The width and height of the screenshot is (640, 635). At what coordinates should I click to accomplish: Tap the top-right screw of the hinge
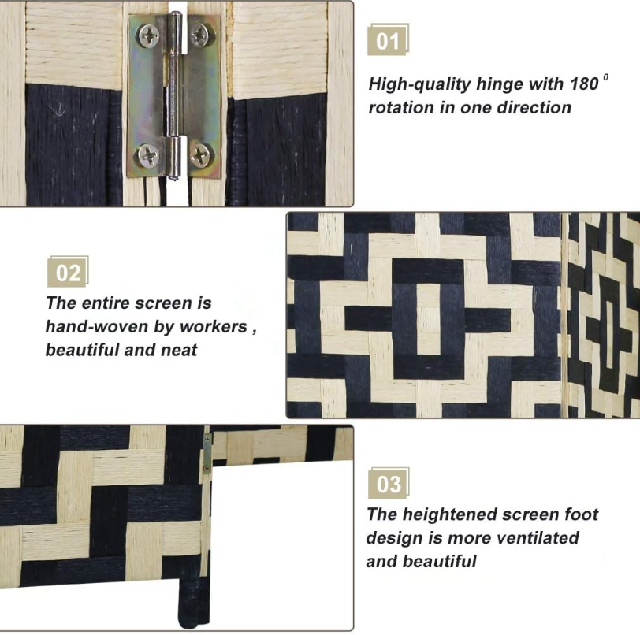199,35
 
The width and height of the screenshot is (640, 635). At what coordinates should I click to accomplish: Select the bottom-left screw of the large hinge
148,155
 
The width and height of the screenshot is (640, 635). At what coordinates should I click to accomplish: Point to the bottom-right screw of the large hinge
200,154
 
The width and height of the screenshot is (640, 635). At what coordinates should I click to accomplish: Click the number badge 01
388,40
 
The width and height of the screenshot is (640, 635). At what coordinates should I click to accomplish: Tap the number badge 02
68,272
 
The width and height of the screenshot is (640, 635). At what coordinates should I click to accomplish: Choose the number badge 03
389,483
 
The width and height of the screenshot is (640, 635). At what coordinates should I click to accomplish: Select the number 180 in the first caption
584,84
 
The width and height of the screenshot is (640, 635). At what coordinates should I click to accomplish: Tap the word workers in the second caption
214,326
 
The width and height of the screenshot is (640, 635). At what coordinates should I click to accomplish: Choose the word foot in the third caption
581,514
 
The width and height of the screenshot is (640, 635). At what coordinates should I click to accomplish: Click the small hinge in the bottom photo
207,452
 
